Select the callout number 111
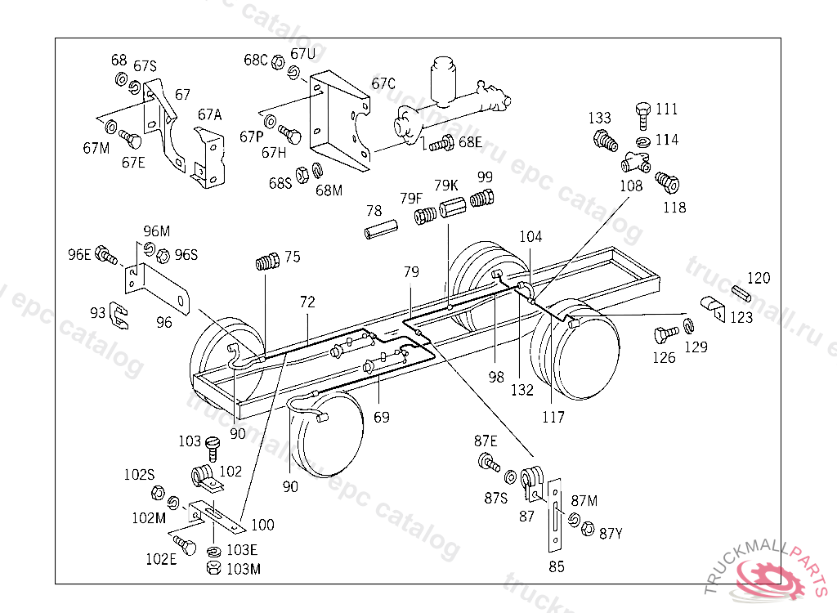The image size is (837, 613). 666,110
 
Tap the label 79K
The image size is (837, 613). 445,185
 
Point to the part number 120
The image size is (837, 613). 759,279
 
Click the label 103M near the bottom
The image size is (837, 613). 244,569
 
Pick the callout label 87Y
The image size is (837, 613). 611,534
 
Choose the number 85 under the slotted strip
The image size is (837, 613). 556,566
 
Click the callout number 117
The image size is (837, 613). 553,418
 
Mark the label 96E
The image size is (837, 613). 80,254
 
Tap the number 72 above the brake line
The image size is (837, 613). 307,302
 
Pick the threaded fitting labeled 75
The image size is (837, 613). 267,262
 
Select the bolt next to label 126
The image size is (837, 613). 665,335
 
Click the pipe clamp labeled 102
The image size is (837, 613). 203,477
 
